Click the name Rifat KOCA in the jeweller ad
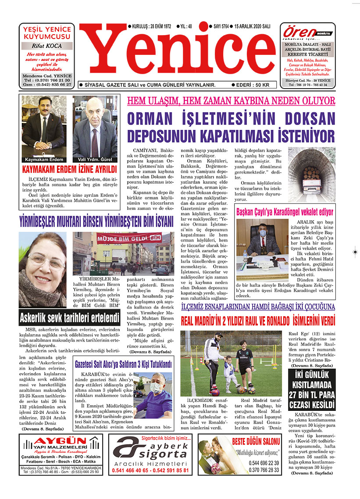pos(47,46)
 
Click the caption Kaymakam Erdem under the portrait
pos(44,160)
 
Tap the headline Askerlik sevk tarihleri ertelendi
pos(69,317)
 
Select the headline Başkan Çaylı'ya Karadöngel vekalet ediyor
pos(285,212)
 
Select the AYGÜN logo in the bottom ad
pos(61,441)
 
